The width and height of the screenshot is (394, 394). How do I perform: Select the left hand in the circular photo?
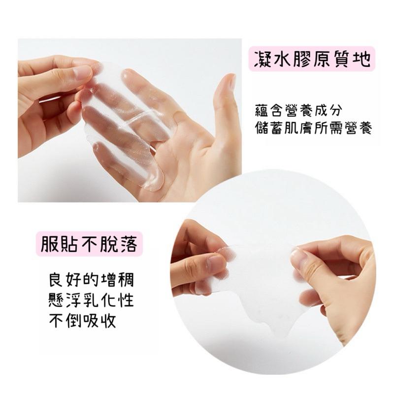(x=202, y=261)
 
